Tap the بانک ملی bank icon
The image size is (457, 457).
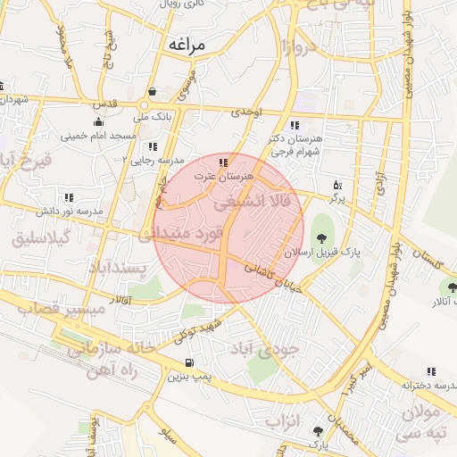[154, 92]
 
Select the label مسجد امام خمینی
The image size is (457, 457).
[98, 136]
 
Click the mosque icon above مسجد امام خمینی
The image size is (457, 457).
[98, 121]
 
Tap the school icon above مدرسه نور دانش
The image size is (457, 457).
[68, 197]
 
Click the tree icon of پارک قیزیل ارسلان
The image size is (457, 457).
[321, 237]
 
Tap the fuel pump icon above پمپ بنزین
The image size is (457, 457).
[188, 362]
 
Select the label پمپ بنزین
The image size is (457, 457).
[188, 376]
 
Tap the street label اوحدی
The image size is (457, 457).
[247, 112]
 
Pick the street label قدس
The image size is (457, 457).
[104, 104]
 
